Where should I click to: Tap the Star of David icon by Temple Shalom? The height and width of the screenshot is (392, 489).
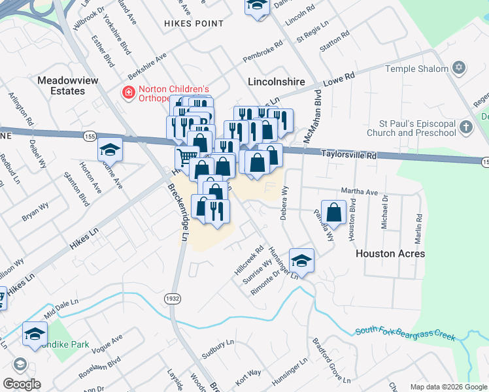point(459,68)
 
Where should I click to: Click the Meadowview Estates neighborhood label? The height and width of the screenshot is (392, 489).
point(61,86)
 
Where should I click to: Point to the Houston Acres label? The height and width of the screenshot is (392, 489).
point(390,253)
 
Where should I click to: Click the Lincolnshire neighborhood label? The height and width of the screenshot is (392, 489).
point(277,82)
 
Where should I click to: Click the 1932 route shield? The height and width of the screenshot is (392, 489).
point(172,297)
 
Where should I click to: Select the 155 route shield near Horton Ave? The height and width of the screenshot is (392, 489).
point(90,136)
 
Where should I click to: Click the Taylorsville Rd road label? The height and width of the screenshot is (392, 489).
point(350,155)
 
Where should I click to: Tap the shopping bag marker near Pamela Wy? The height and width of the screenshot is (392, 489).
point(334,213)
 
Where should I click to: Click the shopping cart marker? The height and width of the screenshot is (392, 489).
point(186,157)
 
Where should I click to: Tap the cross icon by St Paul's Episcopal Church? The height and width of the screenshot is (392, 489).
point(465,127)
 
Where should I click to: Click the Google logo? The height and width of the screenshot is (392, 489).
point(22,384)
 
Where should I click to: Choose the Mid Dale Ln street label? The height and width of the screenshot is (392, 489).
point(61,308)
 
